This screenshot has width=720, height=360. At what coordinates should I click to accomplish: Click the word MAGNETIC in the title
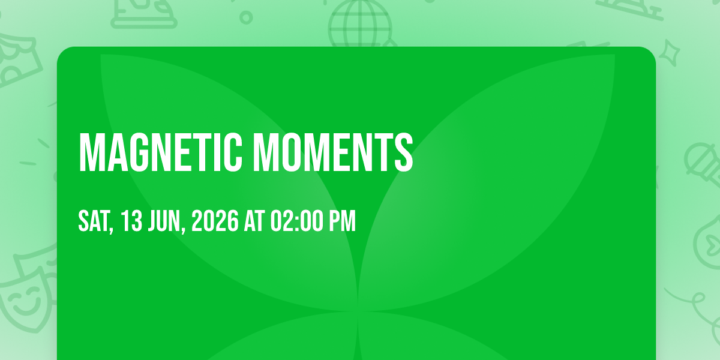160,152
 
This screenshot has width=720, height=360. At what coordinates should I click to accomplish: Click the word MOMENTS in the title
332,152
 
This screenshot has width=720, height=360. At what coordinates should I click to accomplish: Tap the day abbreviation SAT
94,221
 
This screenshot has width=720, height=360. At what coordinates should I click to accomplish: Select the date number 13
131,221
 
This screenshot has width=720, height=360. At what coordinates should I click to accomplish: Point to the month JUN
164,221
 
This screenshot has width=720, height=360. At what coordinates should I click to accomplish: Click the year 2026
215,221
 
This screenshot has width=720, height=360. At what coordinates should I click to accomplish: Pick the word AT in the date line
254,221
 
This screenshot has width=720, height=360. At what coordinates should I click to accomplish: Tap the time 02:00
296,221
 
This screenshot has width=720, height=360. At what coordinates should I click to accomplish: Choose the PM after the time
341,221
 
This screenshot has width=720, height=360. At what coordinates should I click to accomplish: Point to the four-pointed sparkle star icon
670,53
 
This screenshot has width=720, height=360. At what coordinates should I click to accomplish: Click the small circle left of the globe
246,17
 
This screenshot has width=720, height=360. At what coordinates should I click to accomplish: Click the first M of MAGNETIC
89,152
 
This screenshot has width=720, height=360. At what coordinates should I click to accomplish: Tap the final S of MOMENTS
404,152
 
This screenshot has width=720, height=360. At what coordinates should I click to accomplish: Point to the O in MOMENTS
287,152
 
